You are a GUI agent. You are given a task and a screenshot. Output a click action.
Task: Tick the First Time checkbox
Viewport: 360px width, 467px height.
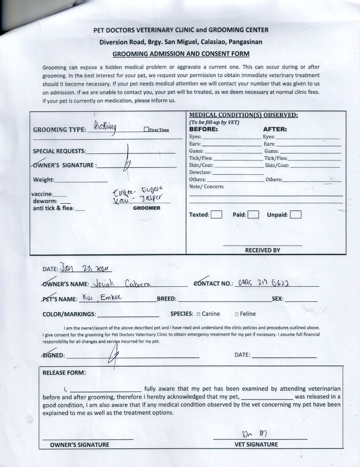pos(146,130)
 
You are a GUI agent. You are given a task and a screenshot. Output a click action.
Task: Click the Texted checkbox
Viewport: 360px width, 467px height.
pos(216,214)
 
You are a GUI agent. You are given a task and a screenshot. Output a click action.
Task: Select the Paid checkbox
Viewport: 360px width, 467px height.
pos(253,214)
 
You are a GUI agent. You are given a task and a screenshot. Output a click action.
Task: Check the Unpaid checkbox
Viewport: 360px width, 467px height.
pos(296,214)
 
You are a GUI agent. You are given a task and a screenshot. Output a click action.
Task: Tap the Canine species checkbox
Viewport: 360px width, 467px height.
pos(198,314)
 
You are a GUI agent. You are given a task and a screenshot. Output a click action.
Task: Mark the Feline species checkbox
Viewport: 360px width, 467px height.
pos(236,314)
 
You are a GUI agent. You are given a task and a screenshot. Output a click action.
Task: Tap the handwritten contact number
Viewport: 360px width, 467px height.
pos(264,283)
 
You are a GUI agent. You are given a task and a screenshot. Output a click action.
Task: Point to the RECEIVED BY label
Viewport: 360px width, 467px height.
pos(263,250)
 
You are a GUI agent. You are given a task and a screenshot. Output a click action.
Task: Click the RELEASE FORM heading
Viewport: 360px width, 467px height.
pos(64,373)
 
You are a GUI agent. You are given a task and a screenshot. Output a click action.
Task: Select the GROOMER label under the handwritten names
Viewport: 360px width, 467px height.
pos(146,208)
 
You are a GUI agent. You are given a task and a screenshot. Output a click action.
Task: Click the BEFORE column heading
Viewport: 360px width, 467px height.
pos(203,129)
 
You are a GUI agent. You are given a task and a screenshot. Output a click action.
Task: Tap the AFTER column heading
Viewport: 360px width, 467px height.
pos(275,129)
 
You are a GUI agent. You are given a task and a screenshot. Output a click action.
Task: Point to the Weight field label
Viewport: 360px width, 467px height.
pos(44,180)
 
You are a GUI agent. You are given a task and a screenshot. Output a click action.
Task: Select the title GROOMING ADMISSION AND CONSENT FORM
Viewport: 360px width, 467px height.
pos(181,54)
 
